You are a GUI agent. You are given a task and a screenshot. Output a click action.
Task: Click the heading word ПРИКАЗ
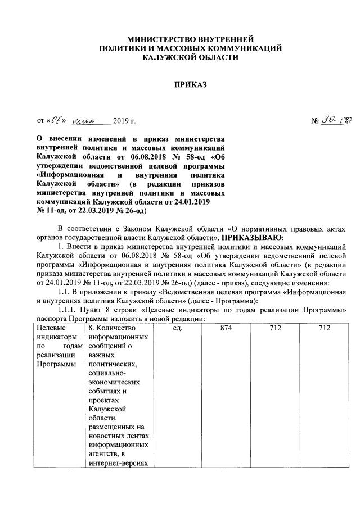tap(190, 85)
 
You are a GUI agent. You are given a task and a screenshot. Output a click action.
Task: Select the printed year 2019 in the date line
tap(121, 121)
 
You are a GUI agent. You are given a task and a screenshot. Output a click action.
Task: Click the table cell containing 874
tap(226, 328)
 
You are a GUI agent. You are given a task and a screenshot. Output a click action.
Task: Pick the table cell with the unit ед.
tap(178, 328)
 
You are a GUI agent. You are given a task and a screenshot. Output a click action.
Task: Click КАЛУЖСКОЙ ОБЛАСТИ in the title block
tap(190, 58)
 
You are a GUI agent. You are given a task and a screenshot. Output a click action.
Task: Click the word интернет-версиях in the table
tap(118, 463)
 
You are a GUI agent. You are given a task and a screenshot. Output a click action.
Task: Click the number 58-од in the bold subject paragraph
tap(175, 157)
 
